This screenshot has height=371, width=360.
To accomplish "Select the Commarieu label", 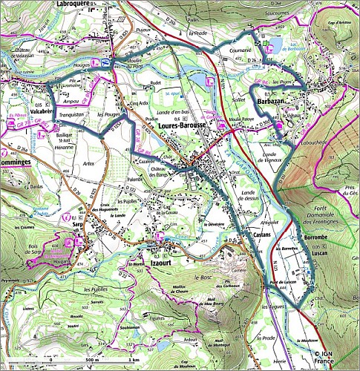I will pos(239,51).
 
